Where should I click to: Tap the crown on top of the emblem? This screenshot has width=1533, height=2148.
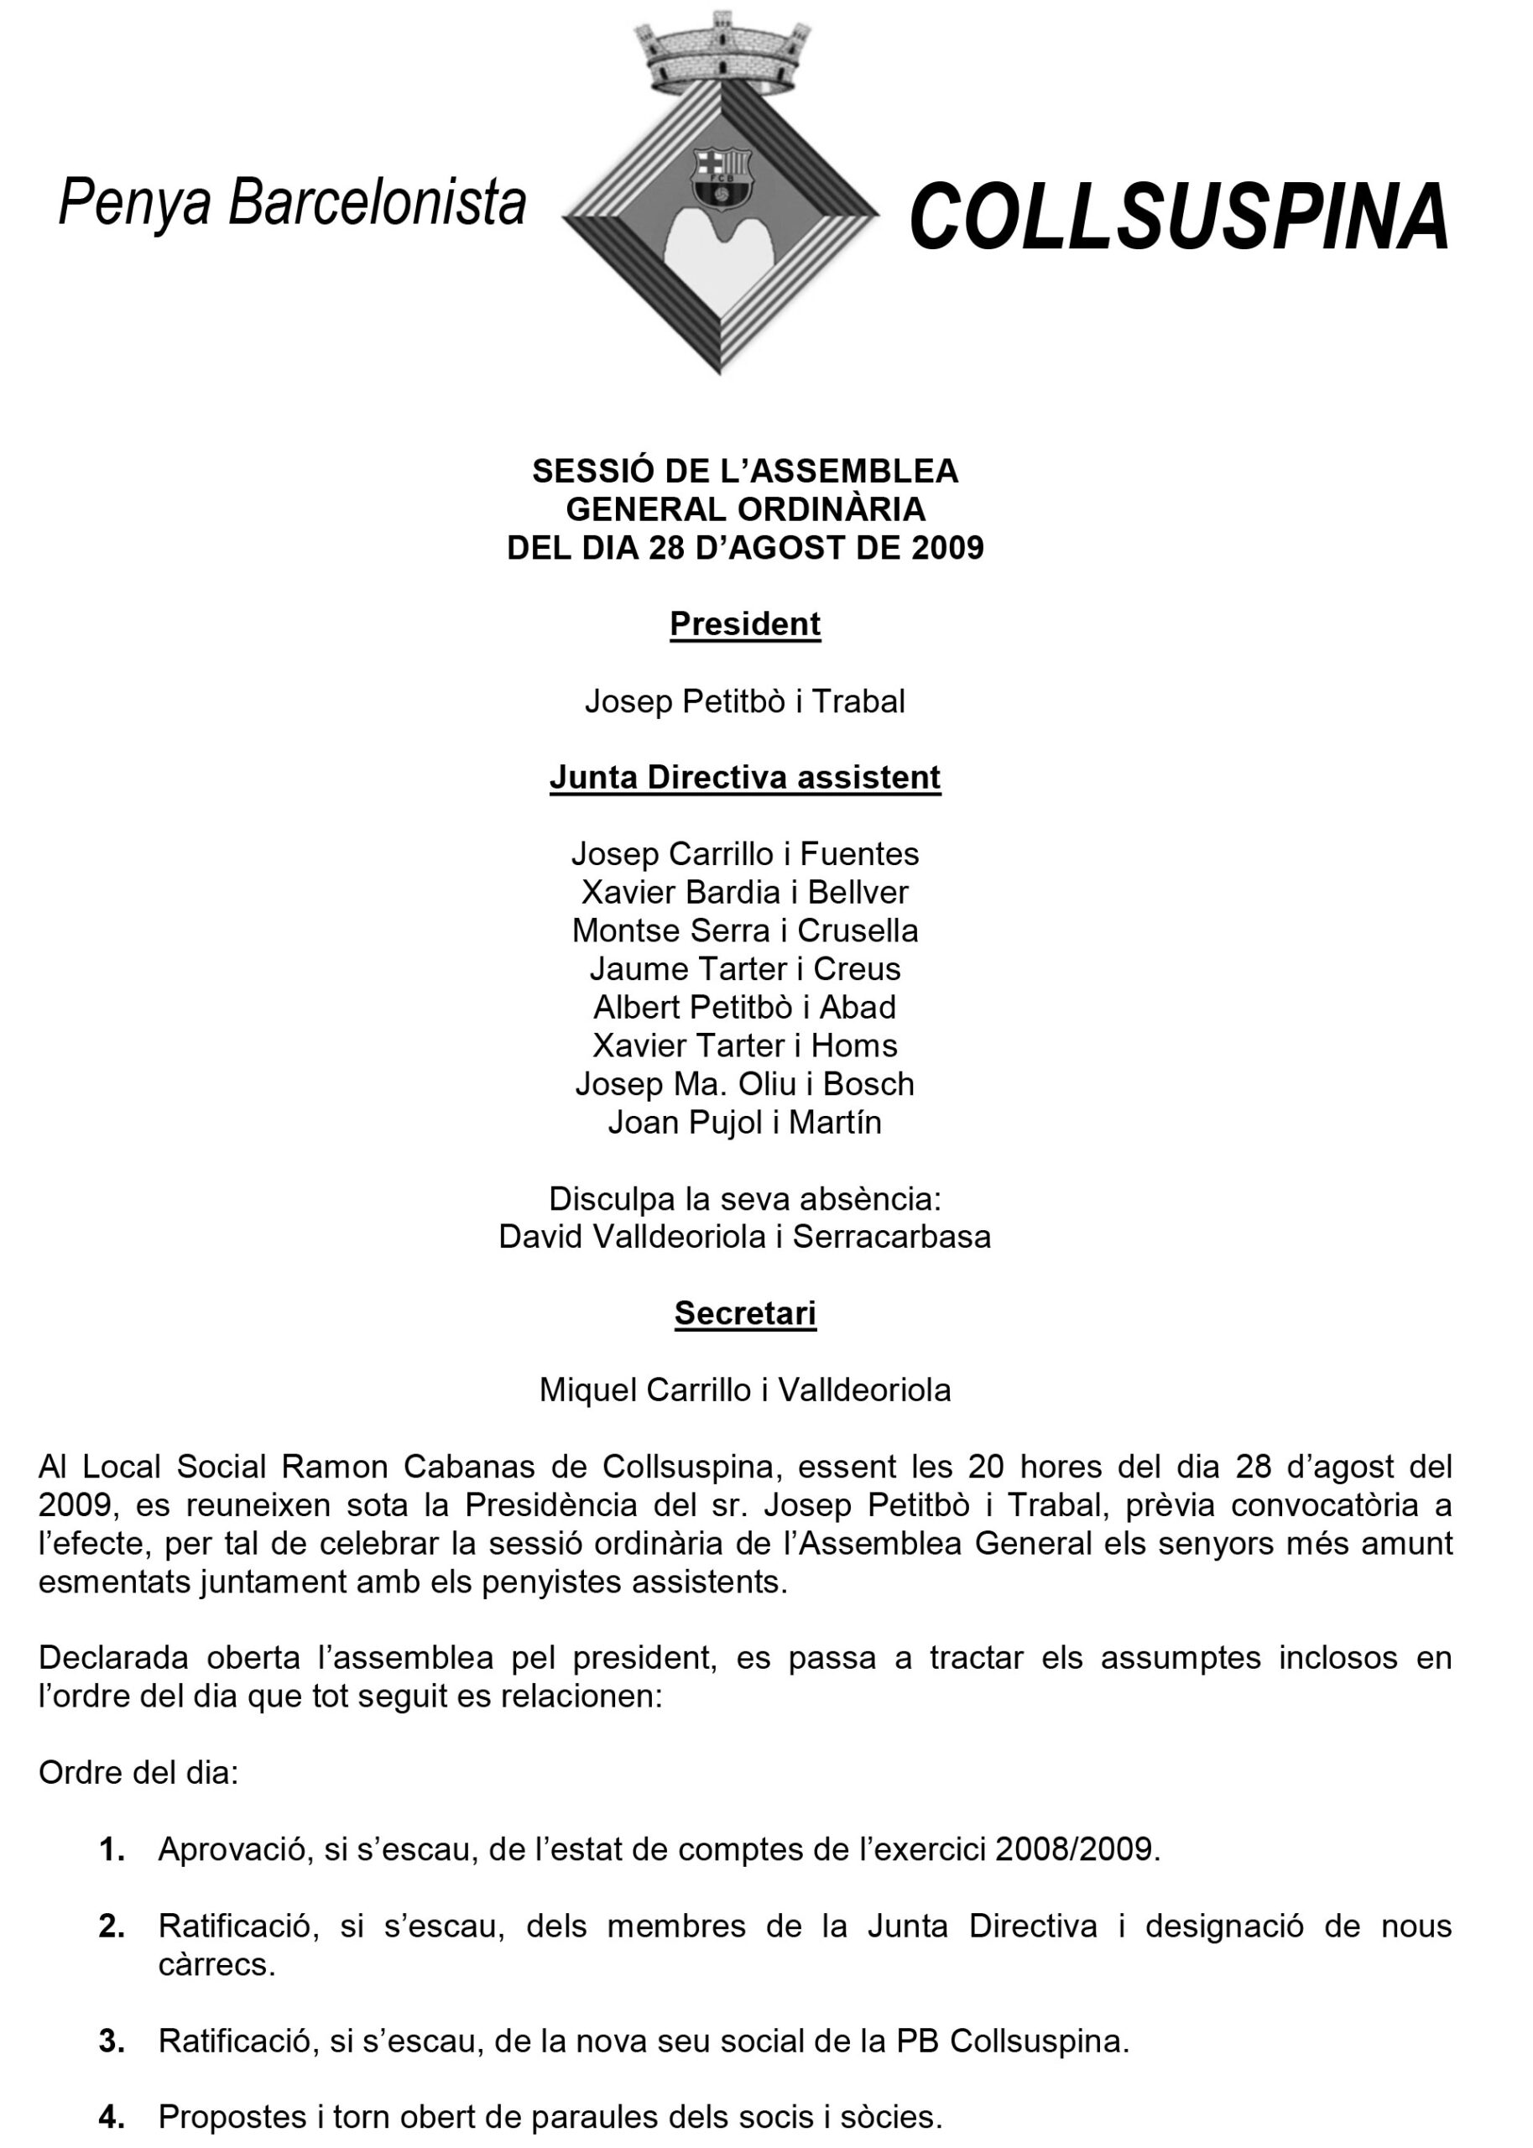[722, 52]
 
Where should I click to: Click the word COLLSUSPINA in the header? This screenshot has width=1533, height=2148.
[1178, 218]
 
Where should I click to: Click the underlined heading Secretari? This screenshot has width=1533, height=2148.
[745, 1313]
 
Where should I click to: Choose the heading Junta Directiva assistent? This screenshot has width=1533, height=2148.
[745, 777]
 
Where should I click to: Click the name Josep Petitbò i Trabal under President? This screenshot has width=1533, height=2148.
[745, 701]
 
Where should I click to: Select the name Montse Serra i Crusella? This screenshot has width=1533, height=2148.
[745, 931]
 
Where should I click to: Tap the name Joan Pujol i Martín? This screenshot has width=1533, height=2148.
[745, 1122]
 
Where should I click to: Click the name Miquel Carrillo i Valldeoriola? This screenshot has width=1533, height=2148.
[745, 1390]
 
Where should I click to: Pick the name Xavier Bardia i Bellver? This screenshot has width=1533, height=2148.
[745, 892]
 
